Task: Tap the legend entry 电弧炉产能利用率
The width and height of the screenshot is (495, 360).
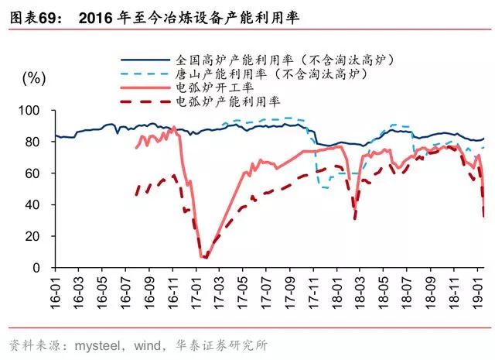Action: click(x=227, y=101)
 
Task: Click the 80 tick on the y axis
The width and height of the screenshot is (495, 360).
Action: click(x=36, y=142)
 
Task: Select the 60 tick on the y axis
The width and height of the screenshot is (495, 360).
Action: click(x=36, y=173)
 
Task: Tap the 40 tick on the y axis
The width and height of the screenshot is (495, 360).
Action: click(x=36, y=205)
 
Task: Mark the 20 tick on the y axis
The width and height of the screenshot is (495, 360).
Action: click(x=36, y=236)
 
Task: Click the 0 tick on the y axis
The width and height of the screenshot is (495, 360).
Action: click(x=39, y=268)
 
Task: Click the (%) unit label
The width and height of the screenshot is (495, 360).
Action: click(x=34, y=78)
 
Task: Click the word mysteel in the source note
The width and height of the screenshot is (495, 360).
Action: click(x=97, y=344)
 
